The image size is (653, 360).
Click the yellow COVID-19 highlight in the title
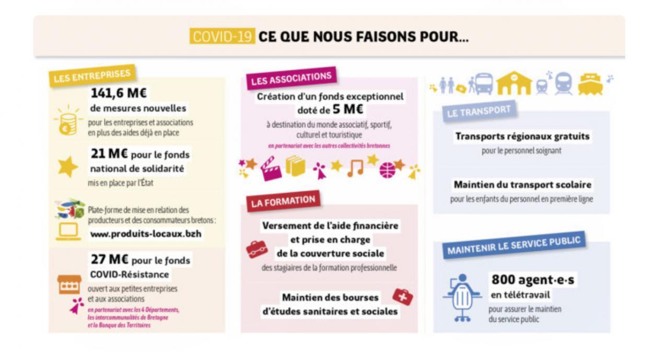pyautogui.click(x=223, y=37)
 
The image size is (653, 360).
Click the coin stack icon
pyautogui.click(x=67, y=122)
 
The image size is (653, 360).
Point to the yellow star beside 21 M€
pyautogui.click(x=68, y=166)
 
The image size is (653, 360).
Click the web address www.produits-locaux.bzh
pyautogui.click(x=146, y=234)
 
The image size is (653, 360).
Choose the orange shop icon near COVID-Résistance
pyautogui.click(x=69, y=285)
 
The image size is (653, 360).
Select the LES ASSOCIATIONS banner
pyautogui.click(x=291, y=78)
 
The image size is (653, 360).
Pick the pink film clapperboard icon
pyautogui.click(x=271, y=169)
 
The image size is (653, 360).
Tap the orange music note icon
pyautogui.click(x=355, y=168)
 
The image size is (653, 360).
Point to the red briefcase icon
pyautogui.click(x=256, y=249)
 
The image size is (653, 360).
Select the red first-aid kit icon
pyautogui.click(x=402, y=296)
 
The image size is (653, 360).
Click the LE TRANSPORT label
pyautogui.click(x=478, y=111)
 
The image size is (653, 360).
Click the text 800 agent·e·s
pyautogui.click(x=532, y=280)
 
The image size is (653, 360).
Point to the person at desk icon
pyautogui.click(x=461, y=296)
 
